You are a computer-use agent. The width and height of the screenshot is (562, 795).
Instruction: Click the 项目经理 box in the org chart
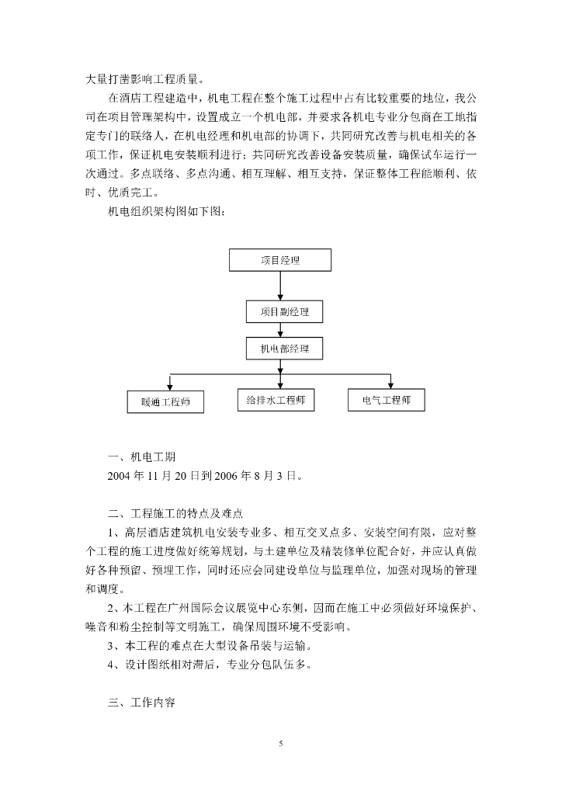coord(280,261)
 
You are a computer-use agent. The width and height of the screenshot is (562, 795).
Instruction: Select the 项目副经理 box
coord(284,311)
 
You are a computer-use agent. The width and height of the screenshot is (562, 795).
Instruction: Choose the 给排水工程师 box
coord(276,400)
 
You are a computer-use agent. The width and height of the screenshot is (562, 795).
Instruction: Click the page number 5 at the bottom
coord(281,744)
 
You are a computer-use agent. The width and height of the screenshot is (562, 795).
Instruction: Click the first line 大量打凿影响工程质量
coord(144,78)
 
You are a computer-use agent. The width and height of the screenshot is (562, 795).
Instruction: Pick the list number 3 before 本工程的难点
coord(112,646)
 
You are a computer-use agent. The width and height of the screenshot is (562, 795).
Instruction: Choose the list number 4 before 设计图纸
coord(112,665)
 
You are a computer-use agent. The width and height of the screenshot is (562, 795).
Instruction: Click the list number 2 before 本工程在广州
coord(112,608)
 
